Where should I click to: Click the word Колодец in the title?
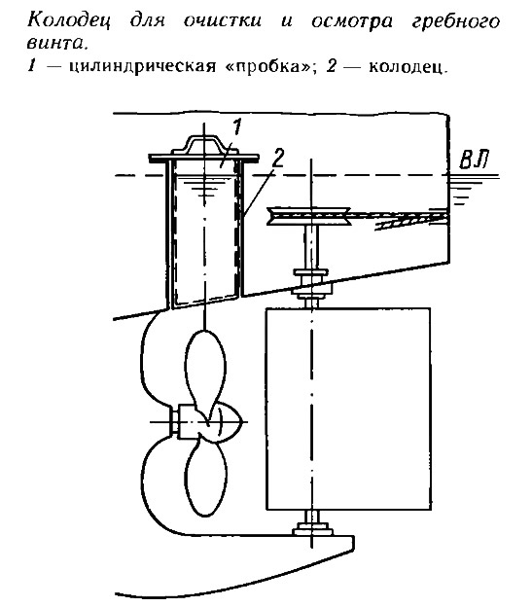pyautogui.click(x=69, y=21)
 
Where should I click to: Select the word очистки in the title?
pyautogui.click(x=223, y=20)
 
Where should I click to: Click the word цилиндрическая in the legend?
pyautogui.click(x=142, y=67)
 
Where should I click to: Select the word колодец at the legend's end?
pyautogui.click(x=408, y=67)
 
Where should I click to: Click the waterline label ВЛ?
pyautogui.click(x=474, y=160)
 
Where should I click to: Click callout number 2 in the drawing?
pyautogui.click(x=278, y=159)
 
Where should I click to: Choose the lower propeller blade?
pyautogui.click(x=206, y=476)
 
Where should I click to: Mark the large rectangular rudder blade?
pyautogui.click(x=348, y=409)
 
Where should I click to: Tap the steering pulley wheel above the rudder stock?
pyautogui.click(x=308, y=215)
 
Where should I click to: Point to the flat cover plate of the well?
pyautogui.click(x=204, y=158)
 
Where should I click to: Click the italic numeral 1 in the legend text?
pyautogui.click(x=31, y=67)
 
